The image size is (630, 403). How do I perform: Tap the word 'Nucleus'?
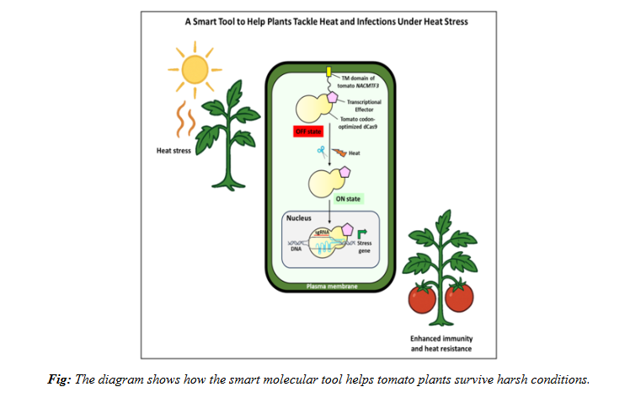tap(302, 220)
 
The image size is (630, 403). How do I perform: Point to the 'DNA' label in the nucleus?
tap(296, 250)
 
